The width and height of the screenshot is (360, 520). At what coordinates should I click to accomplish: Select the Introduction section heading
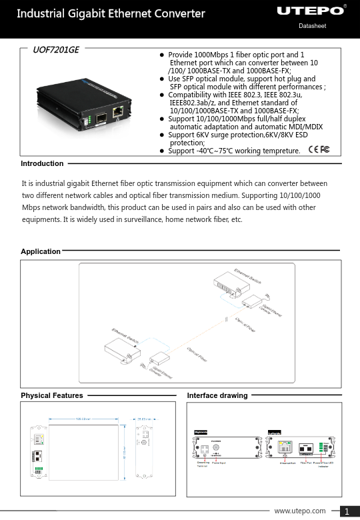pos(42,163)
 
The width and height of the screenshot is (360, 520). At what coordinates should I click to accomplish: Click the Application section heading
pos(41,252)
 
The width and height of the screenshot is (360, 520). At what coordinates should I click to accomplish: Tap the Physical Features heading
pos(52,395)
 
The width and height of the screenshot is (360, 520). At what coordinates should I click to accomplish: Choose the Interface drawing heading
pos(217,395)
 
